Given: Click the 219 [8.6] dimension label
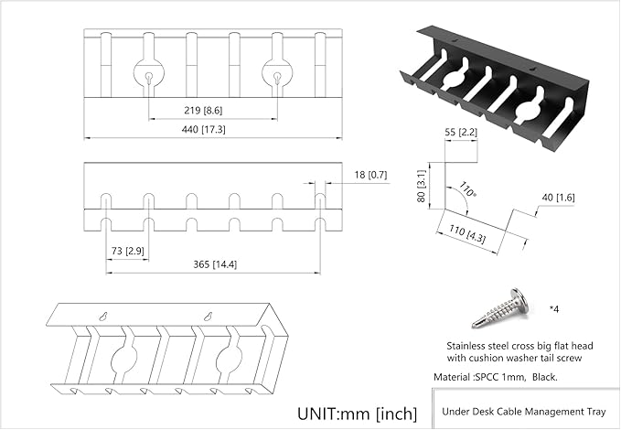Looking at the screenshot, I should coord(210,110).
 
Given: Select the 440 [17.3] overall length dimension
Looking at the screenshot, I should coord(210,131).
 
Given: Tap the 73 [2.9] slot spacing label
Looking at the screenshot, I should coord(126,250).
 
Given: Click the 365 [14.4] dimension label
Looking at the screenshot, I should coord(213,264).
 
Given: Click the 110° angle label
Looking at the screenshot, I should coord(469,191).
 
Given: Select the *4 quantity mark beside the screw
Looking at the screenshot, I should coord(554,308).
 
